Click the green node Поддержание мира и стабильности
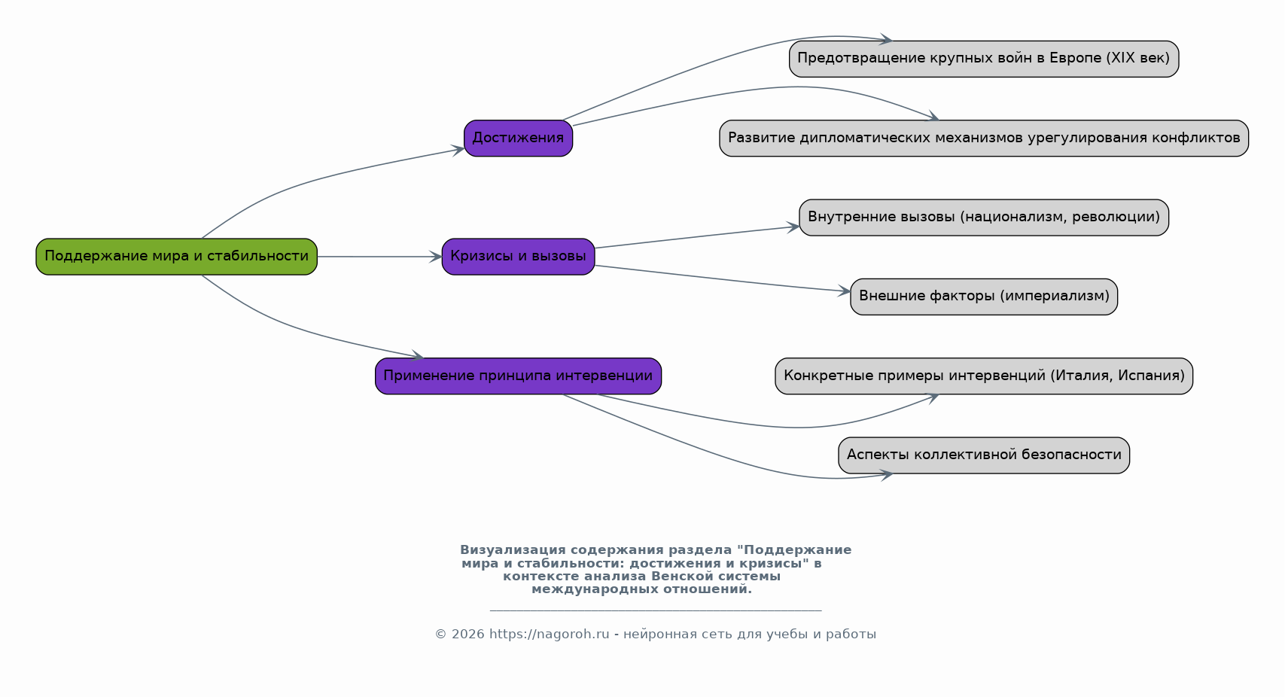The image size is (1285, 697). [176, 257]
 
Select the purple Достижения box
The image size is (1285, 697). [518, 138]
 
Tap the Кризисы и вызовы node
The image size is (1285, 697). [518, 257]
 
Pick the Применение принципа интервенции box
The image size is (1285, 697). [518, 376]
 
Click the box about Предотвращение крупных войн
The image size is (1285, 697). [984, 59]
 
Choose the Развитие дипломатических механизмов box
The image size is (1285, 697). [984, 138]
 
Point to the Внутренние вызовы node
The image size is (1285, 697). [984, 218]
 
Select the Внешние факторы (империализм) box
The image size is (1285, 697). [984, 297]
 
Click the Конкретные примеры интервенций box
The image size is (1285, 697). [984, 376]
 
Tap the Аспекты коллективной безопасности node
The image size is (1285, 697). [984, 455]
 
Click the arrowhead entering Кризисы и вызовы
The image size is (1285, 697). [435, 257]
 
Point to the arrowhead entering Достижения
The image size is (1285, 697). [457, 151]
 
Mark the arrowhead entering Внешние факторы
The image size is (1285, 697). [844, 291]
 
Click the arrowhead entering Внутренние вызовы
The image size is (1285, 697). [793, 227]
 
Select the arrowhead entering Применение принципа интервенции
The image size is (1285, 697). [417, 356]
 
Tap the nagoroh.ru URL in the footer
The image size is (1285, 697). [549, 634]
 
